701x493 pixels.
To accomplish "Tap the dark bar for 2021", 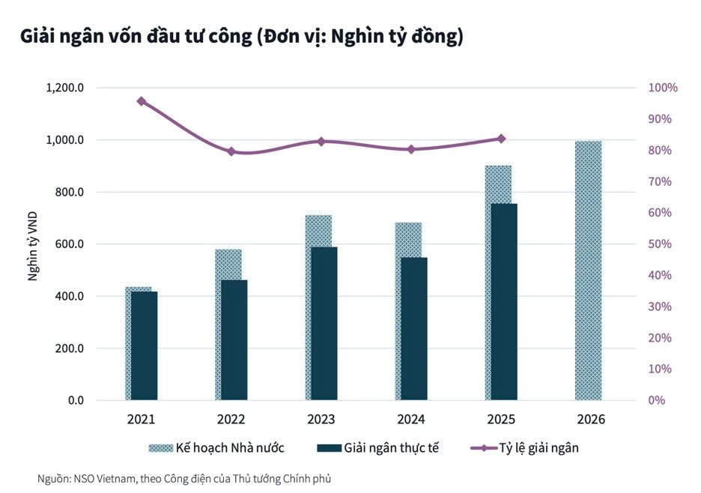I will click(x=145, y=345).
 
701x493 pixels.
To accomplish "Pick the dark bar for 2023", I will click(x=324, y=323).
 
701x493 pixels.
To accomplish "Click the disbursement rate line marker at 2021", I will click(x=141, y=101).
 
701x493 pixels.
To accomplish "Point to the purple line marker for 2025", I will click(x=501, y=139).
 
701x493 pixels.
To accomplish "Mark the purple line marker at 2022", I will click(x=231, y=151).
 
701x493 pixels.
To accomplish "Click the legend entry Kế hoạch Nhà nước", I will click(x=216, y=448).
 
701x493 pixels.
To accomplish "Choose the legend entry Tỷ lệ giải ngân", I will click(x=525, y=448).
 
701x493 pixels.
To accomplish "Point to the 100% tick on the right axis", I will click(x=662, y=88).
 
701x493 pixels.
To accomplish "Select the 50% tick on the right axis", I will click(x=660, y=244).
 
